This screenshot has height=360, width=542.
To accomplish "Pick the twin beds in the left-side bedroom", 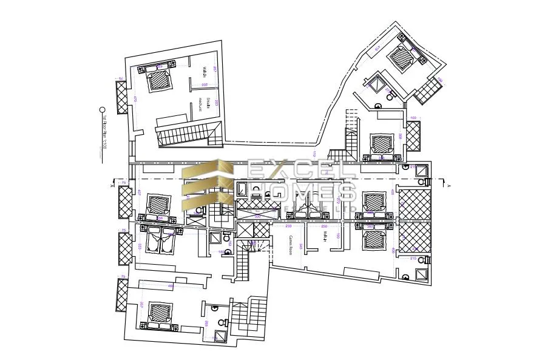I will click(160, 240).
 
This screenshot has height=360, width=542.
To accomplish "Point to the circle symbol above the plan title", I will click(103, 110).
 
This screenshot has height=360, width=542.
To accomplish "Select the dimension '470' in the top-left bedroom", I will click(135, 99).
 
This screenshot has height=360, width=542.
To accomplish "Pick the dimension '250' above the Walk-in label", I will click(324, 226).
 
